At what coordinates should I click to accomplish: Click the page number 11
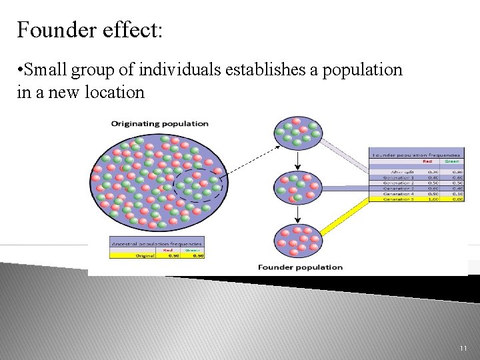pyautogui.click(x=463, y=349)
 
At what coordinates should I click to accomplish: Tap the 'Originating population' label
pyautogui.click(x=159, y=123)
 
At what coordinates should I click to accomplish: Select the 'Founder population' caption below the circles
pyautogui.click(x=300, y=267)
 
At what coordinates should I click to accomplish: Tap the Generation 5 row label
pyautogui.click(x=399, y=199)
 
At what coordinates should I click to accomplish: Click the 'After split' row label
pyautogui.click(x=402, y=172)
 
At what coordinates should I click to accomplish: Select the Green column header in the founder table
pyautogui.click(x=452, y=161)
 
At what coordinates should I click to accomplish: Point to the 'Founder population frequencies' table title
pyautogui.click(x=416, y=155)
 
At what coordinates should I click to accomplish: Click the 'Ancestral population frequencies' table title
pyautogui.click(x=157, y=243)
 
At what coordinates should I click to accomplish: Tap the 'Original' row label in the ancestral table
pyautogui.click(x=145, y=255)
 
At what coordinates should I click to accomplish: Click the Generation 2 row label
pyautogui.click(x=399, y=183)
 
